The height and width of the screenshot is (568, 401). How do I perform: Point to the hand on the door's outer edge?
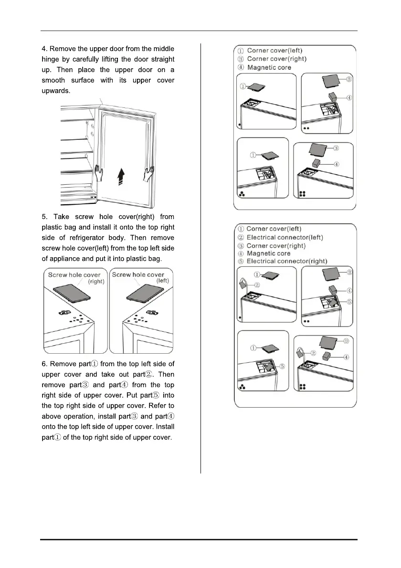click(x=148, y=174)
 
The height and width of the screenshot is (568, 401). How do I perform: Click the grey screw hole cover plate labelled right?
click(x=70, y=295)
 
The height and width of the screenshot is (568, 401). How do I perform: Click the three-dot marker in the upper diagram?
click(x=242, y=195)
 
